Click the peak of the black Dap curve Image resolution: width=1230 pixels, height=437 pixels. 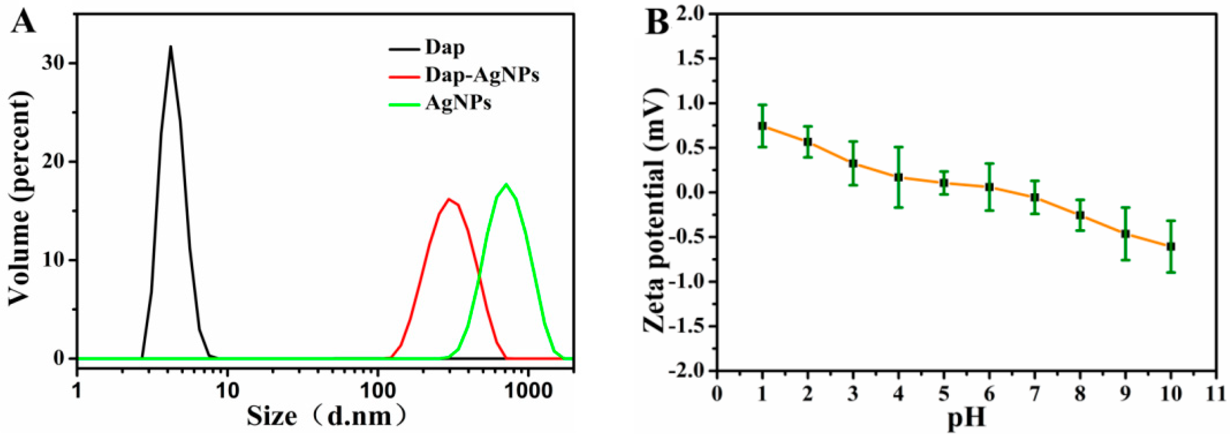click(x=170, y=46)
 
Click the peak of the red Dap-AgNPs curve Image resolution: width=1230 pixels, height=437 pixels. click(x=448, y=199)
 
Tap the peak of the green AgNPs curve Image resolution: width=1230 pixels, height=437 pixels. click(x=506, y=184)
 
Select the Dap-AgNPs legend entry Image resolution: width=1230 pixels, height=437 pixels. click(x=482, y=75)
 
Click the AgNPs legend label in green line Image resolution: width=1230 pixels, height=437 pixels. click(x=458, y=103)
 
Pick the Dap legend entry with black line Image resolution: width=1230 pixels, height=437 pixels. click(x=445, y=47)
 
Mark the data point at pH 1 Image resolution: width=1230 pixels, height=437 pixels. click(x=762, y=126)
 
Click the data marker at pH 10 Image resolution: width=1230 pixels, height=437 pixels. click(x=1170, y=246)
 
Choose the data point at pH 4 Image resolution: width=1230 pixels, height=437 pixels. click(x=898, y=178)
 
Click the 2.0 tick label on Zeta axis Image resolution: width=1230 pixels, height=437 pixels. click(x=691, y=14)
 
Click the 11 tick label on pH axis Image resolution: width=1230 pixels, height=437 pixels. click(x=1216, y=394)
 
